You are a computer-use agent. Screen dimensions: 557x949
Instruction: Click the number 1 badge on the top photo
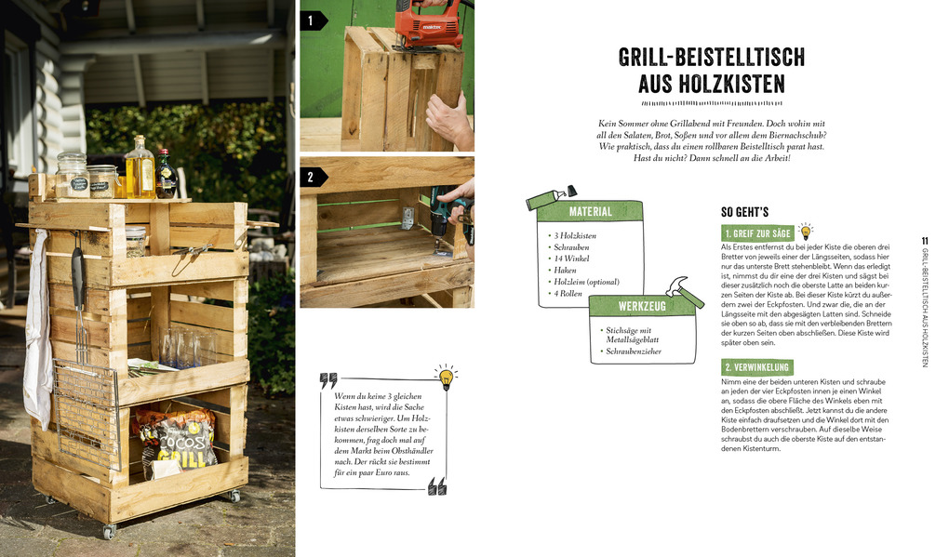click(x=313, y=20)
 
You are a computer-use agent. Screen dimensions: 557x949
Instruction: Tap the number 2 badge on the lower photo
click(x=313, y=177)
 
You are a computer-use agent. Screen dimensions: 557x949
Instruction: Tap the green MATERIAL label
click(x=590, y=211)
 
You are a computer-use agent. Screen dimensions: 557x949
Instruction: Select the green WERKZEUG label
click(x=642, y=306)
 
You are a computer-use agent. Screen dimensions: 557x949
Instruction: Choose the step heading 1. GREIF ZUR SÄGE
click(x=756, y=233)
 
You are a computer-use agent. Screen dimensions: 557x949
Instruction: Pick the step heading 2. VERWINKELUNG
click(x=756, y=367)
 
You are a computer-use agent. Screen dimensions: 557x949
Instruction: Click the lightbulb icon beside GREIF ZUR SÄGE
click(x=806, y=231)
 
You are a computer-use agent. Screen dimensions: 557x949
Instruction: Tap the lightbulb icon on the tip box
click(x=446, y=377)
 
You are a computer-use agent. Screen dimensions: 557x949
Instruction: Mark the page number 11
click(x=924, y=241)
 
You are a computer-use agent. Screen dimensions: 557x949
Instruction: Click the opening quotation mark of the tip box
click(x=328, y=380)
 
